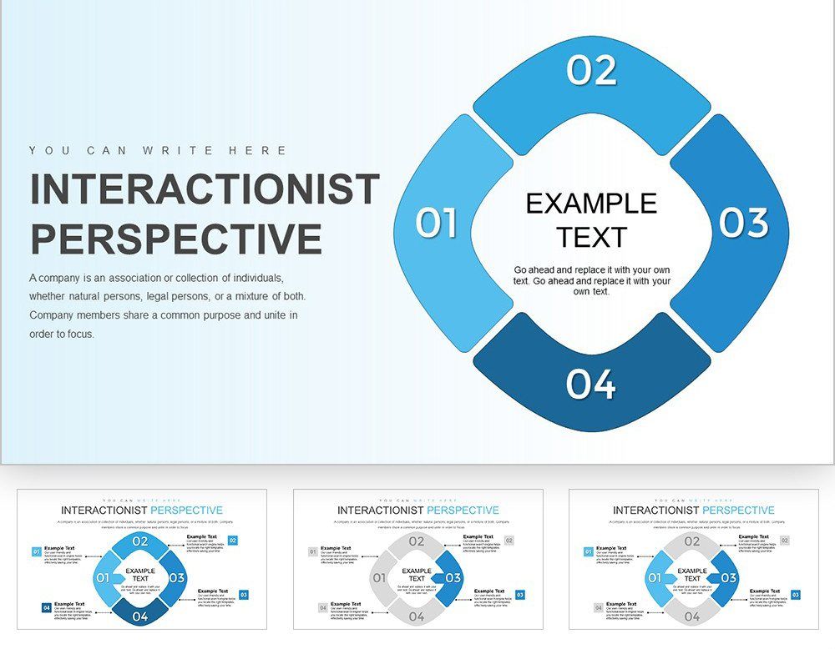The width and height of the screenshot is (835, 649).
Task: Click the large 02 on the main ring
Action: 591,70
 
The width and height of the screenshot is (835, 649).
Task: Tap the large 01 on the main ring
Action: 437,224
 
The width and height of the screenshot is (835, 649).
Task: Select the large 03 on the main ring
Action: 743,223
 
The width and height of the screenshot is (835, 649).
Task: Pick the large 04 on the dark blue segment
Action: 591,385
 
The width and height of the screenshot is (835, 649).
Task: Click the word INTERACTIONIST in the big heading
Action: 205,189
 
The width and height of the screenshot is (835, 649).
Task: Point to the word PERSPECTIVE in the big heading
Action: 176,239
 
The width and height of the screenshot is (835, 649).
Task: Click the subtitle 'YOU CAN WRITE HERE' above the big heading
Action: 158,151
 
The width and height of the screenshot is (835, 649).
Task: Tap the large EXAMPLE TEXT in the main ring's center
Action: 590,220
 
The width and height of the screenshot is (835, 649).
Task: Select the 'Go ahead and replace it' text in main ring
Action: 591,281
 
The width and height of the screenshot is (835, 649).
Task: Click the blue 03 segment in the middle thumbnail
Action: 452,577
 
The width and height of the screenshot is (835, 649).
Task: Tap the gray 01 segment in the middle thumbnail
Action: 380,577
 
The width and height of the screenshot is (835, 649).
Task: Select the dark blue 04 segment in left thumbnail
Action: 140,616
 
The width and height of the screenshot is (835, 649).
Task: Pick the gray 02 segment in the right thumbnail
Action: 691,541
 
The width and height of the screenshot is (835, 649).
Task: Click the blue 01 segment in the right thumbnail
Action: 655,577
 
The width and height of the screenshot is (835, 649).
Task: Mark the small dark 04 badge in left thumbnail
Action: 46,608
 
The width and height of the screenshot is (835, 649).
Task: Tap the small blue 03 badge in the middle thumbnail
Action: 520,595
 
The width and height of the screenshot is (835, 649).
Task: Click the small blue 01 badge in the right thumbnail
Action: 588,551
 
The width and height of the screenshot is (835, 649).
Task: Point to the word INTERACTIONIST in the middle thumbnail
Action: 380,510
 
